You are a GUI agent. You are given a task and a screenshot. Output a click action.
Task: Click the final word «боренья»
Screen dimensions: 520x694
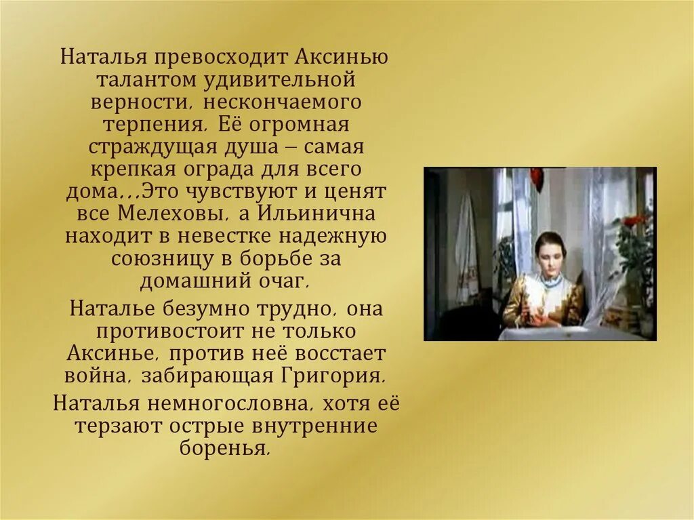tap(226, 449)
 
